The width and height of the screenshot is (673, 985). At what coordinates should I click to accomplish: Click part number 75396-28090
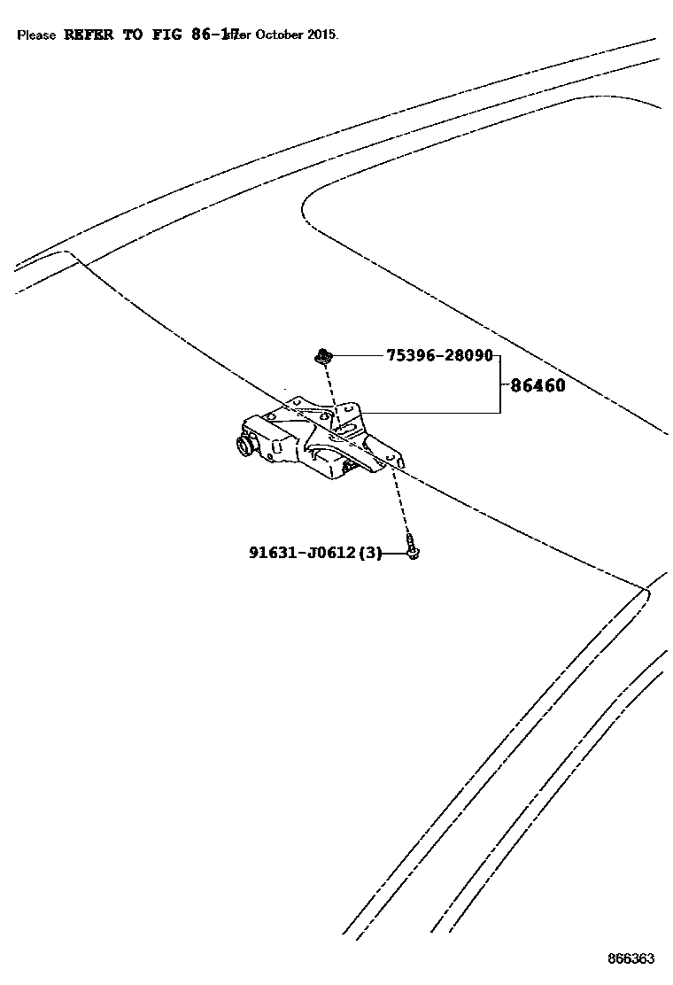pyautogui.click(x=438, y=355)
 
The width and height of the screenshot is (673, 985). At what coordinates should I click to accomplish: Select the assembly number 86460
pyautogui.click(x=538, y=385)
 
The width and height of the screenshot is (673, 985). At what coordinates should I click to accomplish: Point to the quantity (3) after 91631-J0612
pyautogui.click(x=371, y=553)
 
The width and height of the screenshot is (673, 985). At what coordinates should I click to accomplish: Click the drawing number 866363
pyautogui.click(x=630, y=958)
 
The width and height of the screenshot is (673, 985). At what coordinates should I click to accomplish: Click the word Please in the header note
pyautogui.click(x=36, y=35)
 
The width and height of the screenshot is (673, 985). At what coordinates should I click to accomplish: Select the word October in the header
pyautogui.click(x=280, y=35)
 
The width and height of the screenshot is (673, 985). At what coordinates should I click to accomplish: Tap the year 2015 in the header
pyautogui.click(x=321, y=35)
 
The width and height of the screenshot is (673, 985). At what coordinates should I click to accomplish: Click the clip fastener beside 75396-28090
pyautogui.click(x=322, y=356)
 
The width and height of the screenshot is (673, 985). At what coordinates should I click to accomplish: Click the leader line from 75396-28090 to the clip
pyautogui.click(x=359, y=356)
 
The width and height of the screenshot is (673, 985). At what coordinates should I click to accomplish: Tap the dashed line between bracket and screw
pyautogui.click(x=402, y=500)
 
